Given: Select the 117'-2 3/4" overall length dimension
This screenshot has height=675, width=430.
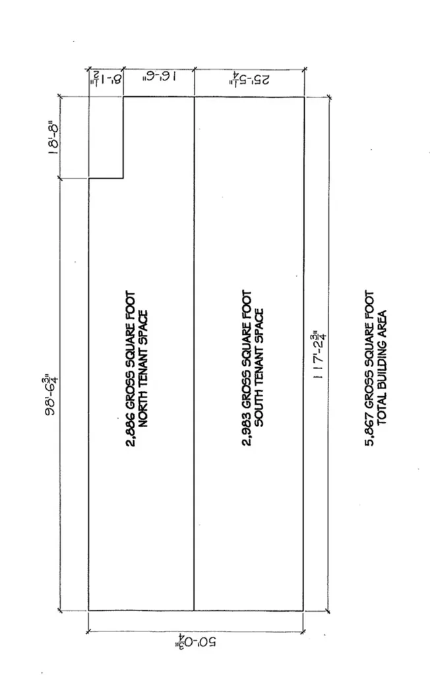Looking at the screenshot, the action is point(320,354).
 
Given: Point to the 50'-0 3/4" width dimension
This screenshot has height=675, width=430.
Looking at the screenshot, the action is point(195,642).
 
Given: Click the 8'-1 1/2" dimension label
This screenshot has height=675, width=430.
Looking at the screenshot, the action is point(106,78).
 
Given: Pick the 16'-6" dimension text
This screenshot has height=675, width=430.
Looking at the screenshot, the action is point(158,76).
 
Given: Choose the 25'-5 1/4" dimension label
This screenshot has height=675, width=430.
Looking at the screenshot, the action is point(250,78).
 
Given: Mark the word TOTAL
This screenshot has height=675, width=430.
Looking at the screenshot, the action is point(382,411).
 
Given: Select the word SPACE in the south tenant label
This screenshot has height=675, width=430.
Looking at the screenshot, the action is point(259,326).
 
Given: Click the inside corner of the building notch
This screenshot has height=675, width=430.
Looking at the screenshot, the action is point(123,178).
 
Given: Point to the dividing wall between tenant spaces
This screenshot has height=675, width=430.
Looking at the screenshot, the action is point(195,353).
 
